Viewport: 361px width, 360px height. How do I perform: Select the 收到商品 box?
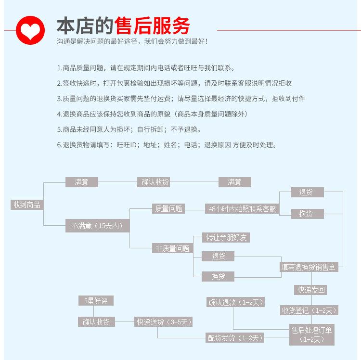pos(27,205)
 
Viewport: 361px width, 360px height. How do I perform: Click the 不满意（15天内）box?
pos(97,225)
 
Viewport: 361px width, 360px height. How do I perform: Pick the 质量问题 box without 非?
pos(168,208)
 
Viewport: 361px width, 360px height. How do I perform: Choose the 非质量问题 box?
pos(172,248)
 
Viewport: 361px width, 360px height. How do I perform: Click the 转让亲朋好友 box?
pos(221,237)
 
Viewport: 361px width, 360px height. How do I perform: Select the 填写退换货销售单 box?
pos(309,267)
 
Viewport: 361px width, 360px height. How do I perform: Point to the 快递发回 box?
pos(311,290)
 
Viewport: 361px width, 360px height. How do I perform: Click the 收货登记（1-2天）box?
pos(309,310)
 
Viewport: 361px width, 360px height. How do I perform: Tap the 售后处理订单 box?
pos(311,334)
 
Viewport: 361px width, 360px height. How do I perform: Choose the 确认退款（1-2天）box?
pos(236,302)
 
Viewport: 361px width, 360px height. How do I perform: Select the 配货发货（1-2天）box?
pos(235,338)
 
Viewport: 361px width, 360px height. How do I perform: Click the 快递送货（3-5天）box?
pos(164,322)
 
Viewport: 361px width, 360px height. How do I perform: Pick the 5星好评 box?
pos(96,301)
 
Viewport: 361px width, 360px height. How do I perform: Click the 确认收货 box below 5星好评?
pos(96,322)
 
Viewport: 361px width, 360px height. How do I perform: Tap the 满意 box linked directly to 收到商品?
pos(82,182)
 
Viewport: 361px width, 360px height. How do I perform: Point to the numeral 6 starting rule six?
pos(59,145)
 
